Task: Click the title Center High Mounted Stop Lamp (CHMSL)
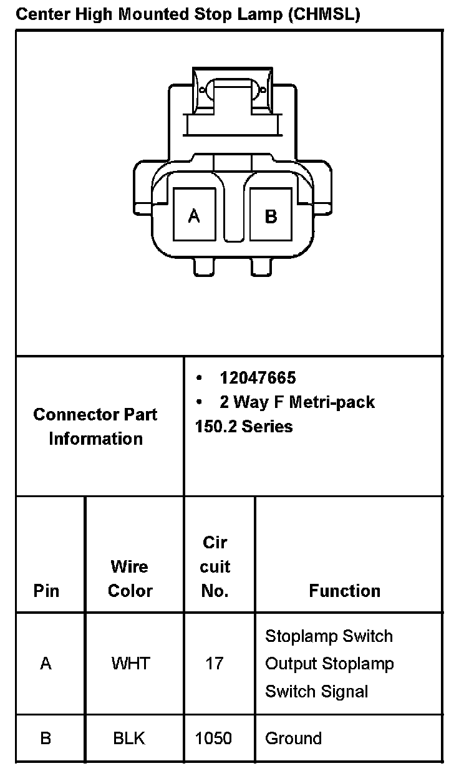click(x=188, y=14)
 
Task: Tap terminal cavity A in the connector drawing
click(x=195, y=215)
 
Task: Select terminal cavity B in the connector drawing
click(x=271, y=215)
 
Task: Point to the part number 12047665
click(x=258, y=377)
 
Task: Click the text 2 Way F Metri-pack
click(x=297, y=402)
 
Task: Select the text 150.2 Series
click(x=244, y=426)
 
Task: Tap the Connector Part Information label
click(x=95, y=426)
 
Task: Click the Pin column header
click(x=46, y=590)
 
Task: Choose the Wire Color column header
click(x=130, y=578)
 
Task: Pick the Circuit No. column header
click(x=215, y=566)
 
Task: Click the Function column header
click(x=344, y=590)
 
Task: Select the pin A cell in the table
click(x=46, y=663)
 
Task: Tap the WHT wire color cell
click(x=130, y=663)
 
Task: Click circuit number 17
click(x=214, y=663)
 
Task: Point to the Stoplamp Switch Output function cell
click(x=329, y=663)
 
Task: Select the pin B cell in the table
click(x=46, y=738)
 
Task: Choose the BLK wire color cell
click(x=129, y=738)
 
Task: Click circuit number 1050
click(x=213, y=738)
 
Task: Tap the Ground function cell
click(x=294, y=738)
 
